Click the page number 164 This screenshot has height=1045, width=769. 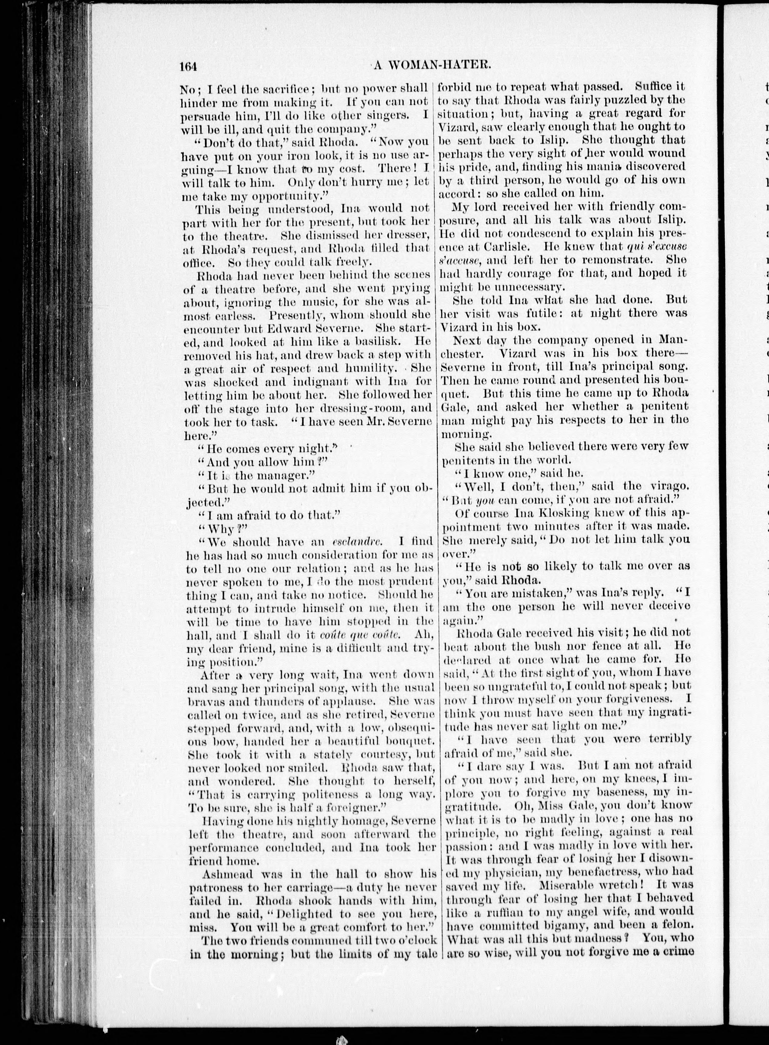pyautogui.click(x=189, y=67)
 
